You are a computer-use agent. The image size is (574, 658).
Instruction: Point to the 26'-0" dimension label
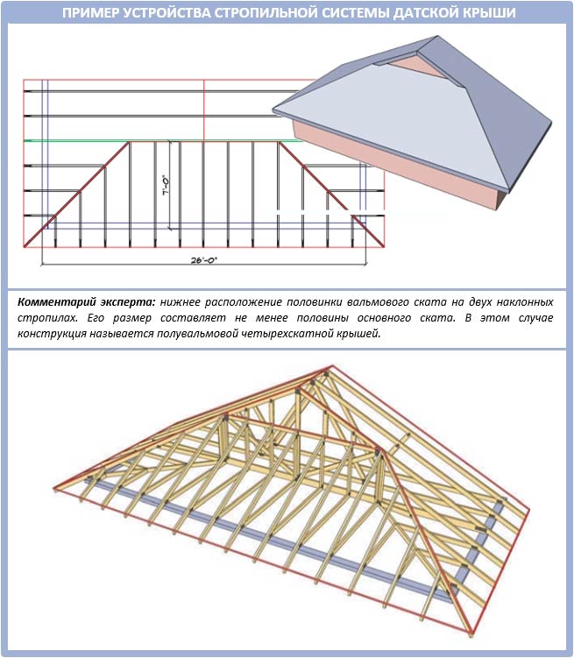point(204,260)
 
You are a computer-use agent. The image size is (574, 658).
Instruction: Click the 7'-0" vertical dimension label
point(166,186)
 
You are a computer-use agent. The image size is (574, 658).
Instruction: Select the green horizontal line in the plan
point(164,141)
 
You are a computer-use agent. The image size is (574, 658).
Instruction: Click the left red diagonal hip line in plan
point(76,195)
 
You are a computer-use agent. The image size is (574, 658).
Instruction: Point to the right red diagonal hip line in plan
point(331,195)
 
